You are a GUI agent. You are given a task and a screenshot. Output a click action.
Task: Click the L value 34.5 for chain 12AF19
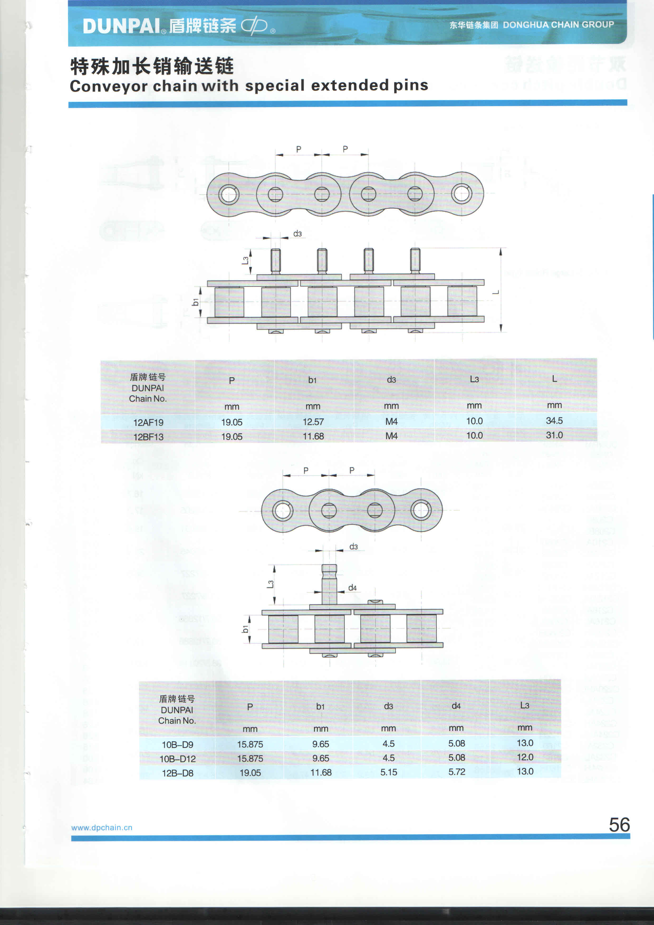554,421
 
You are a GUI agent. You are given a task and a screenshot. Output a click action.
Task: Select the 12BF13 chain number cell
148,437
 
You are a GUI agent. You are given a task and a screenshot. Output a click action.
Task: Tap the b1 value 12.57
313,422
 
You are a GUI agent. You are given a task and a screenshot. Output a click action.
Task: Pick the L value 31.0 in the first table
554,435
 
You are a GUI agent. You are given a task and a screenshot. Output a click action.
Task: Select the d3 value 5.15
389,772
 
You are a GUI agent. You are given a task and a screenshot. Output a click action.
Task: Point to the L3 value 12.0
525,757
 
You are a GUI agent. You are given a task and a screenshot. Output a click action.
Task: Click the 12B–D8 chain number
177,773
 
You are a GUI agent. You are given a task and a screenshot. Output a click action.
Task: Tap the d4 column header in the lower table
456,706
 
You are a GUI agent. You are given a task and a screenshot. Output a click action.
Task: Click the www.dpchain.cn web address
102,827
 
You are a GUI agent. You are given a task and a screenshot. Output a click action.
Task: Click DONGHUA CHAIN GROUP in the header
559,25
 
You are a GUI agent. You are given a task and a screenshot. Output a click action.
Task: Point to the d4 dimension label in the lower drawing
352,588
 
